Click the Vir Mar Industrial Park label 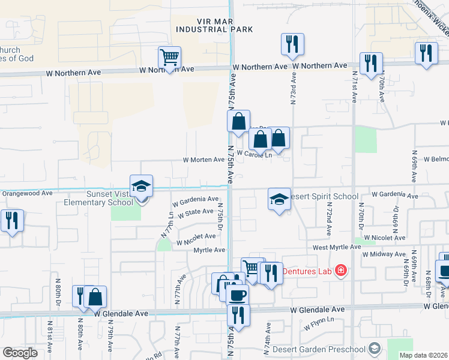pyautogui.click(x=214, y=24)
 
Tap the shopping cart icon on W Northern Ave pyautogui.click(x=170, y=58)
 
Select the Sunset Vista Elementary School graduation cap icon pyautogui.click(x=141, y=186)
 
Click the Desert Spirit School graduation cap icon pyautogui.click(x=279, y=199)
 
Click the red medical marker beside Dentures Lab pyautogui.click(x=341, y=271)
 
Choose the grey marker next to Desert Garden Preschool pyautogui.click(x=374, y=349)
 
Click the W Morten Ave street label pyautogui.click(x=204, y=160)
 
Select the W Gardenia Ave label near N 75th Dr pyautogui.click(x=196, y=199)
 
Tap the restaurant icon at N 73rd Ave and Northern pyautogui.click(x=292, y=44)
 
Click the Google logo pyautogui.click(x=20, y=353)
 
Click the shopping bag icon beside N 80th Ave pyautogui.click(x=95, y=296)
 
